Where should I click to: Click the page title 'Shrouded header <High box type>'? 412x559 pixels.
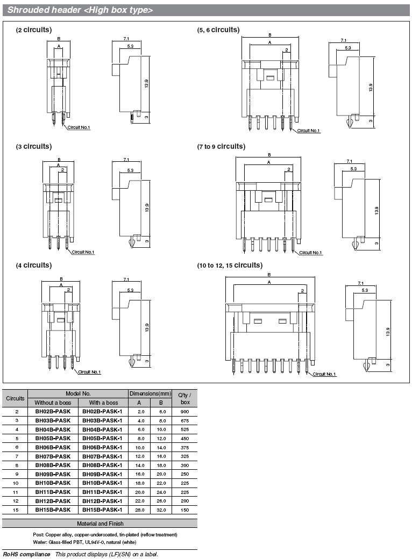[80, 10]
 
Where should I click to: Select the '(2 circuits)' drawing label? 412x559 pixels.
[34, 30]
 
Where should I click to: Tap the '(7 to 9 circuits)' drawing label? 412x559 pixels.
[221, 147]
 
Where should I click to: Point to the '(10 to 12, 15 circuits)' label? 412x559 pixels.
[230, 265]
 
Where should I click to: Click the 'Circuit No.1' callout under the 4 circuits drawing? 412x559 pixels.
[89, 372]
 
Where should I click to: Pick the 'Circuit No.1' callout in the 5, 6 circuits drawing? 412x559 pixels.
[309, 131]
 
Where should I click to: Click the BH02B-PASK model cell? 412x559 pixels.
[53, 411]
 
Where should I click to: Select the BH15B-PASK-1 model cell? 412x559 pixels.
[102, 510]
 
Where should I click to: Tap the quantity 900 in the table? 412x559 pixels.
[185, 411]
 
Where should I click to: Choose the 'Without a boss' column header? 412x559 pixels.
[53, 403]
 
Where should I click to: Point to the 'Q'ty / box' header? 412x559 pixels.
[185, 398]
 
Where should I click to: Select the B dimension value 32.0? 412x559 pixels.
[161, 510]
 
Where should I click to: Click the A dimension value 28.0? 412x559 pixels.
[140, 510]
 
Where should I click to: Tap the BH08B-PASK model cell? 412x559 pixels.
[53, 465]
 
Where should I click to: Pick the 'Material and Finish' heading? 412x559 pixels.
[100, 524]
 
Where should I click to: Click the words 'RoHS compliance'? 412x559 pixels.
[27, 554]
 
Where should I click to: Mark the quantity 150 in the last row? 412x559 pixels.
[185, 510]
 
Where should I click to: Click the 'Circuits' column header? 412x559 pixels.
[16, 398]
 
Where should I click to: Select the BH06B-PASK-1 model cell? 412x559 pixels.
[102, 447]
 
